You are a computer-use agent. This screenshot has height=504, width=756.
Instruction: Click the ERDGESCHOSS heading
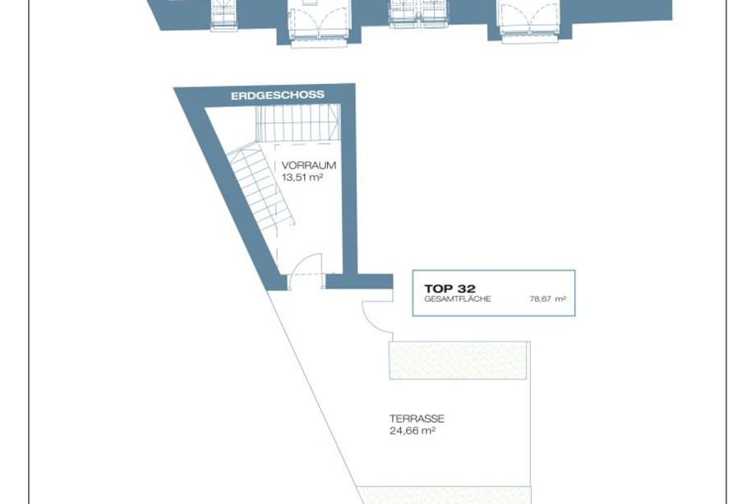pos(278,95)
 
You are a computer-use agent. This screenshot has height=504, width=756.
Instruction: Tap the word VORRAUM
pos(309,165)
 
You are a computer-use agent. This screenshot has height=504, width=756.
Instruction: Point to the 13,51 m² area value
pos(302,178)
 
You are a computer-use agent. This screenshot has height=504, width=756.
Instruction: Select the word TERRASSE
pos(417,418)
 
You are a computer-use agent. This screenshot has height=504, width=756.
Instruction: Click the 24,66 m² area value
pos(413,431)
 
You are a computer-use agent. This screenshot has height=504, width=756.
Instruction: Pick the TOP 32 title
pos(449,289)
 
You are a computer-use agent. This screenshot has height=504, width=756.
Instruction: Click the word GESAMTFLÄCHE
pos(458,299)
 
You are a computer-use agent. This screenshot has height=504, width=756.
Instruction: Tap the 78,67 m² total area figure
pos(548,299)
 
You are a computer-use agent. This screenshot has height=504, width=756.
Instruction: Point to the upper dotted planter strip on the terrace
pos(458,360)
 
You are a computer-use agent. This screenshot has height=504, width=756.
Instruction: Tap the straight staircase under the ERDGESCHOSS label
pos(298,123)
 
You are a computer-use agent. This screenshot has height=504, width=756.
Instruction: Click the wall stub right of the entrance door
pos(359,281)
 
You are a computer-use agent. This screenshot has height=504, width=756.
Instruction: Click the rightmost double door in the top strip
pos(530,21)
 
